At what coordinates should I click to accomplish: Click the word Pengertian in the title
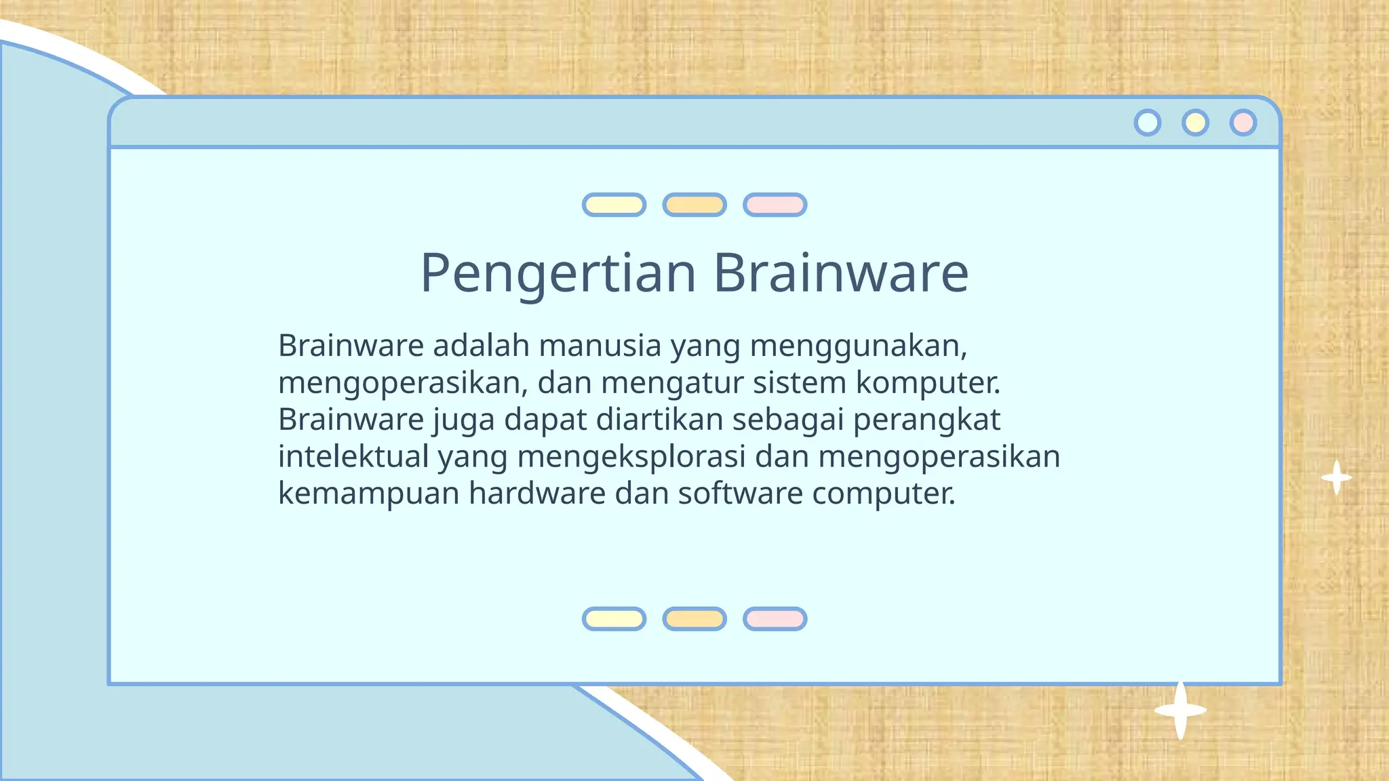(557, 273)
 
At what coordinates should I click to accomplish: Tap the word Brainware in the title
(840, 273)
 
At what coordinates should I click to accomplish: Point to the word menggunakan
(858, 346)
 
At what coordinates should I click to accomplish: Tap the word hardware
(536, 493)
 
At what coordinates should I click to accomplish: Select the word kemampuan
(369, 494)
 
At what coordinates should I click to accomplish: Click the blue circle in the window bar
(1148, 123)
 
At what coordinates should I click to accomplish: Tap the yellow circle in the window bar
(1195, 123)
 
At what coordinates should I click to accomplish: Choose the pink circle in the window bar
(1243, 123)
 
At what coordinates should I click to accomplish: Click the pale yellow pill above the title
(614, 205)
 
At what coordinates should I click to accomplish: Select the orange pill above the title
(694, 205)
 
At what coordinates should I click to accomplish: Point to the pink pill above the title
(775, 205)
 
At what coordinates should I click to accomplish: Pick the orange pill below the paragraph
(694, 619)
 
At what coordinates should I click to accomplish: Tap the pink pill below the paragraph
(775, 619)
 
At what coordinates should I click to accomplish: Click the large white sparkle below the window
(1180, 710)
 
